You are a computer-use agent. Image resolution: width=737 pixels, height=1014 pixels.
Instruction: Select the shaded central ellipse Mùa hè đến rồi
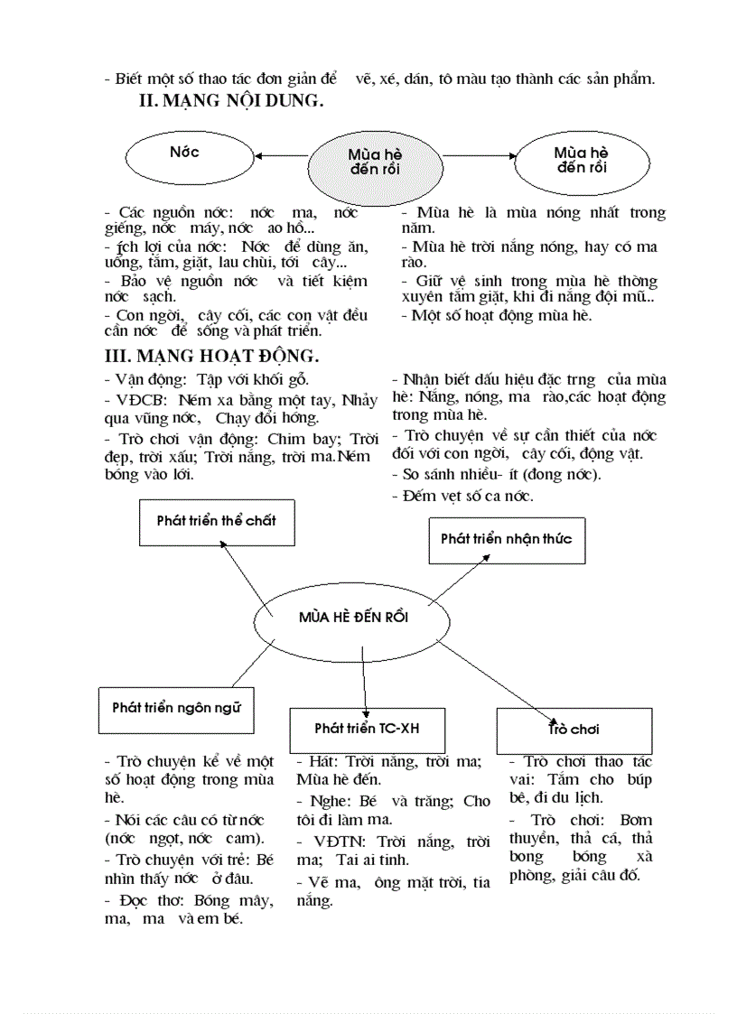point(375,163)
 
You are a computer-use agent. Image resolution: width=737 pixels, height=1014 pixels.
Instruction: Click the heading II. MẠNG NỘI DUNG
point(231,103)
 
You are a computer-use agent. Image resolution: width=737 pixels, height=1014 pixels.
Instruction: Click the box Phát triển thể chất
point(217,522)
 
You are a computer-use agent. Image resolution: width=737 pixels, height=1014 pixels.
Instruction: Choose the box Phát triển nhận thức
point(506,539)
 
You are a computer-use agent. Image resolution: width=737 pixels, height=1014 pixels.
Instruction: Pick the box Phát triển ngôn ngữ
point(176,708)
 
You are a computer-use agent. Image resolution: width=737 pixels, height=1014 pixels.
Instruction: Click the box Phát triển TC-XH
point(367,728)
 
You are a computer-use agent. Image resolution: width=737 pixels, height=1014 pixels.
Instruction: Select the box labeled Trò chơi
point(574,729)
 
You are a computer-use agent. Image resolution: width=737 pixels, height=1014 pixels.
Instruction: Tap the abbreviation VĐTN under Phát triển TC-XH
point(331,842)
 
